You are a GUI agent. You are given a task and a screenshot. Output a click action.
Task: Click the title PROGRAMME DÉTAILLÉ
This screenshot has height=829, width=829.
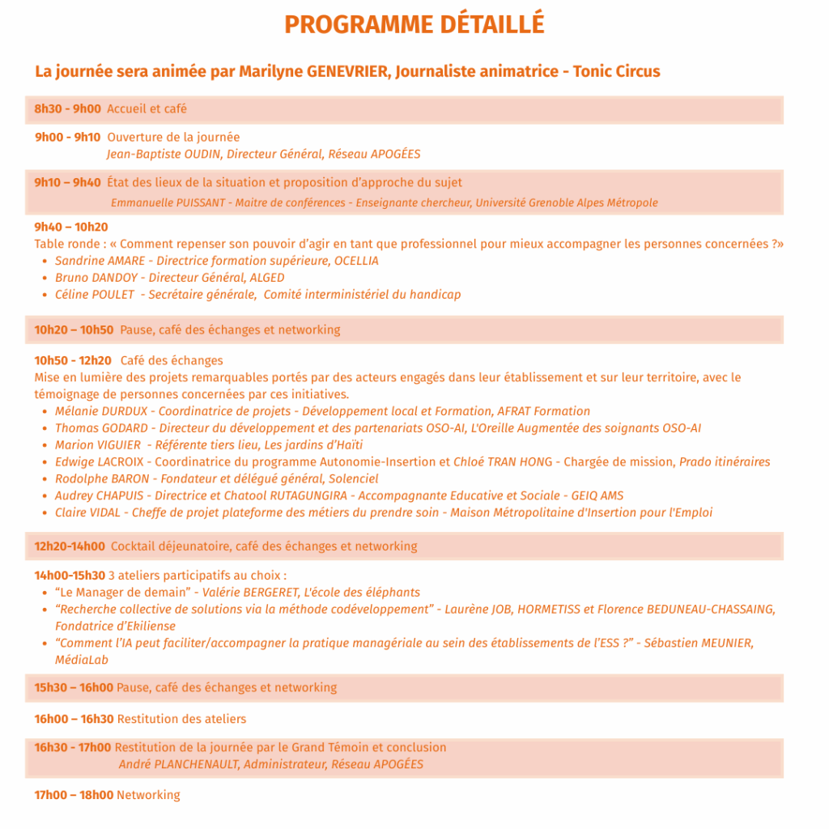pos(414,24)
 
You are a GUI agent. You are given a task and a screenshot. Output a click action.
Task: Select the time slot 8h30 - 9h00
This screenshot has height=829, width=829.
pos(67,109)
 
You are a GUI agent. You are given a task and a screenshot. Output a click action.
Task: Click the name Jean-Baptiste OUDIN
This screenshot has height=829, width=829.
pos(165,154)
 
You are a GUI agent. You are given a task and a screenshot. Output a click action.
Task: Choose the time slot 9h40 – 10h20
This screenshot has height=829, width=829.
pos(71,227)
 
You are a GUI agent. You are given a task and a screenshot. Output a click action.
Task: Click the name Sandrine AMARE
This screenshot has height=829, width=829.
pos(100,261)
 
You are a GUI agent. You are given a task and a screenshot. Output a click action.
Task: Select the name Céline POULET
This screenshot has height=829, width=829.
pos(95,295)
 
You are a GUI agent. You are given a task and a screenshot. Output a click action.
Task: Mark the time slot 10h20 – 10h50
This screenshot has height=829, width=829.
pos(74,329)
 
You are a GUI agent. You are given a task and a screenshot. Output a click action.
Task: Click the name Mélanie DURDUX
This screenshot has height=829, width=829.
pos(101,411)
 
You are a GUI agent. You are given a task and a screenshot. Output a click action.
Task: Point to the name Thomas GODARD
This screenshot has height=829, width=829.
pos(101,428)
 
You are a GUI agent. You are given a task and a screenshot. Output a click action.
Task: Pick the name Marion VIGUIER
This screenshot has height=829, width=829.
pos(97,445)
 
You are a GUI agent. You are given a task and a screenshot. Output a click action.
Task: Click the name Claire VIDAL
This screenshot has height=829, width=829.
pos(87,512)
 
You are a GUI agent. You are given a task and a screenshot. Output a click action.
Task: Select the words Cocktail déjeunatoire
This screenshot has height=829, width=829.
pos(170,546)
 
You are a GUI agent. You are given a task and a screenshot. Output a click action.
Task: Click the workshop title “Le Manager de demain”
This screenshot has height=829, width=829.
pos(122,593)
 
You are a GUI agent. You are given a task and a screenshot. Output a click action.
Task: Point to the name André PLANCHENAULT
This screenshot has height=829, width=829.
pos(178,764)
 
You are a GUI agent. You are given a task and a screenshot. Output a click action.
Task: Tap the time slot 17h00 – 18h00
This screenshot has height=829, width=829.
pos(74,795)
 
